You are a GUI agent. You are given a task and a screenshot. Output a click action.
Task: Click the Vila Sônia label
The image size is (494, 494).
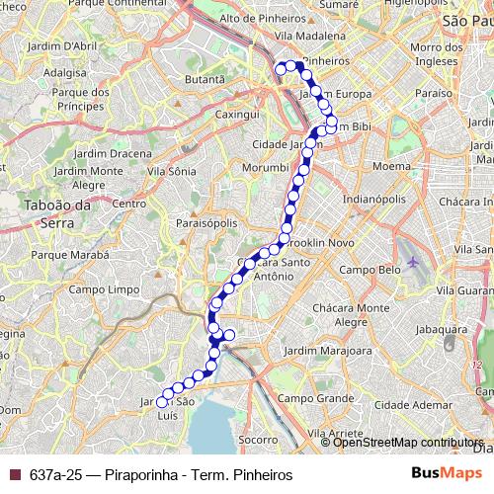(x=171, y=171)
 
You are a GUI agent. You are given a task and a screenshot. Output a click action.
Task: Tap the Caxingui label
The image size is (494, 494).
(x=223, y=115)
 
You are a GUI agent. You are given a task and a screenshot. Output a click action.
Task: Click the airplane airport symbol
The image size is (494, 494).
(x=413, y=263)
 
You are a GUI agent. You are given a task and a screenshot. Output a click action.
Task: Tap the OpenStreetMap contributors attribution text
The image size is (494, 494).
(x=408, y=443)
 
